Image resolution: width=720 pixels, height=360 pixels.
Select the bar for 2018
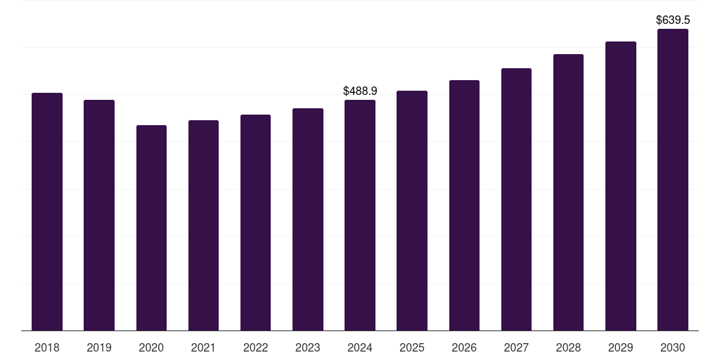(x=47, y=212)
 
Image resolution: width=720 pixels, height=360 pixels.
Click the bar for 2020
(x=152, y=228)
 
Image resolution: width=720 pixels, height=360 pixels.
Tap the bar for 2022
(x=255, y=223)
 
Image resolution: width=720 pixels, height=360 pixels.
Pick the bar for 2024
(x=360, y=215)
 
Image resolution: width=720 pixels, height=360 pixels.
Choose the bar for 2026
(x=464, y=205)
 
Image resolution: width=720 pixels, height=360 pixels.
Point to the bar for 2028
(x=568, y=193)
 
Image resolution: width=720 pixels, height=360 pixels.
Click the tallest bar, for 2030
(x=673, y=179)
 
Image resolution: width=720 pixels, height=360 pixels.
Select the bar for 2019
(x=99, y=215)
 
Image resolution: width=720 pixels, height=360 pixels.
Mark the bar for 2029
(x=621, y=186)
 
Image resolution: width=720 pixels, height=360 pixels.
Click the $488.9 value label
(x=360, y=91)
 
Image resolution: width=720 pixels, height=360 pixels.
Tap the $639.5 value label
(x=673, y=20)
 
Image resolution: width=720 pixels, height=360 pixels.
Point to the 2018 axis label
(x=47, y=347)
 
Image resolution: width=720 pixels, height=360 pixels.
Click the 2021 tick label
(x=203, y=347)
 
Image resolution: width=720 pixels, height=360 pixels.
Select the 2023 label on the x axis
(x=308, y=347)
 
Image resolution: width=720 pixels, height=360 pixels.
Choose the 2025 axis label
(x=412, y=347)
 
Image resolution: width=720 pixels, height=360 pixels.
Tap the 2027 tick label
(x=516, y=347)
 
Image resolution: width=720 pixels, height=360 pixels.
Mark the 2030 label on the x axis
(x=673, y=347)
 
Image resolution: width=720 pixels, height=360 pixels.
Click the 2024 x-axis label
(x=360, y=347)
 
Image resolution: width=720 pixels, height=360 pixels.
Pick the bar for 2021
(x=203, y=226)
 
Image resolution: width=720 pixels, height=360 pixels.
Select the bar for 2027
(x=516, y=199)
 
